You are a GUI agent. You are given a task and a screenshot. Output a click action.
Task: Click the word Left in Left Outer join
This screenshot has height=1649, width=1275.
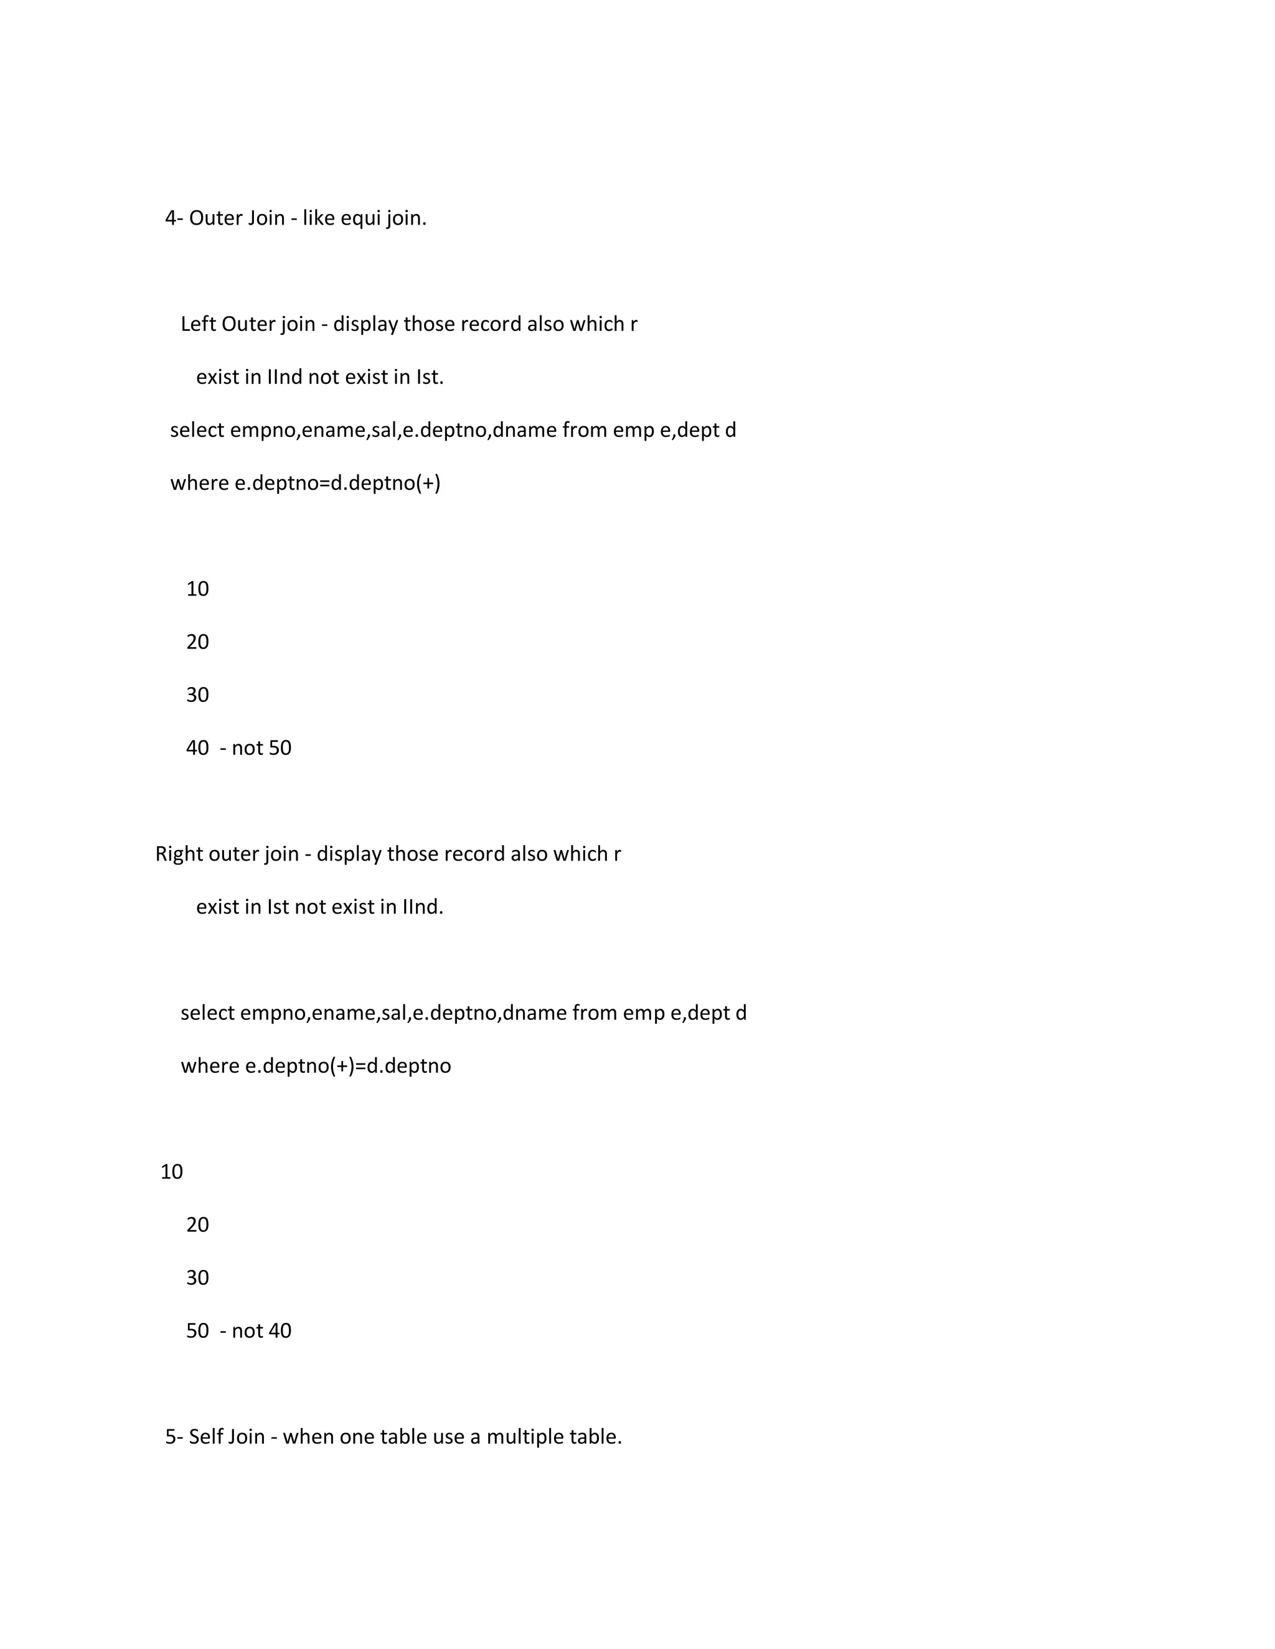[198, 324]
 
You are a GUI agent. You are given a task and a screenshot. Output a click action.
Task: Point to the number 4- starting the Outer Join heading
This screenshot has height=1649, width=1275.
[174, 218]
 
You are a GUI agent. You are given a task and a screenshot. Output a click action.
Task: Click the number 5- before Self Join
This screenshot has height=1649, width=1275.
[174, 1437]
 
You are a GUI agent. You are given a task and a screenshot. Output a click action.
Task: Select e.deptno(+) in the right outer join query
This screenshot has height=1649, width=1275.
[300, 1066]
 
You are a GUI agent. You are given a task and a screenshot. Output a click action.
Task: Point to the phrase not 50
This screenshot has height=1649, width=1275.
[261, 748]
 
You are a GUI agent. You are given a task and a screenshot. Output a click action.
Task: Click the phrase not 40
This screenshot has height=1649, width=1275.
[261, 1331]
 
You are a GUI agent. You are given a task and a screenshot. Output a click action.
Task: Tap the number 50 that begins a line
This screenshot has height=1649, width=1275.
[197, 1331]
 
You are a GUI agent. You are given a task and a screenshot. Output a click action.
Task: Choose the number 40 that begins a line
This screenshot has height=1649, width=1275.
[197, 748]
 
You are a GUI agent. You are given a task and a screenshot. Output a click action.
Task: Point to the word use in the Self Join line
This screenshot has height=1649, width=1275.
[448, 1437]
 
